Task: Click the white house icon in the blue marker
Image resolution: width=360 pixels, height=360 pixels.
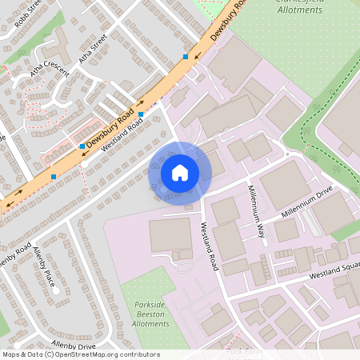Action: click(x=179, y=173)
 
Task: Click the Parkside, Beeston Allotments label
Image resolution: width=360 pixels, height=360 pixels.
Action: click(x=150, y=313)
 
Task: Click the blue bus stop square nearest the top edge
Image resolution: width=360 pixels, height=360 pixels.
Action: click(x=186, y=57)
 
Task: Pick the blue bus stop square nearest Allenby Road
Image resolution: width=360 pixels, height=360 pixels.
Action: click(x=54, y=176)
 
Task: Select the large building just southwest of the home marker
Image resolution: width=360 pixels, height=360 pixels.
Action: click(x=170, y=238)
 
